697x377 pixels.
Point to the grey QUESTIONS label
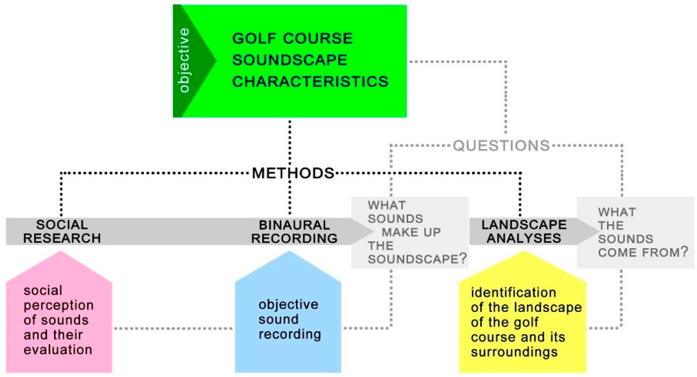(501, 146)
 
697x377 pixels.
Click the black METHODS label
(293, 173)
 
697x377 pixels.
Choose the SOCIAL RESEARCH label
(62, 231)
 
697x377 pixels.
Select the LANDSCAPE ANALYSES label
(524, 231)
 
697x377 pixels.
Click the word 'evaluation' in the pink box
(58, 350)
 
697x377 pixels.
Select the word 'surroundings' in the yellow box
(514, 352)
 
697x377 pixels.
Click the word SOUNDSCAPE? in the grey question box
(417, 259)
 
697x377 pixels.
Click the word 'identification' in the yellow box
(513, 293)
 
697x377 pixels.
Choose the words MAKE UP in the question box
(411, 232)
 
